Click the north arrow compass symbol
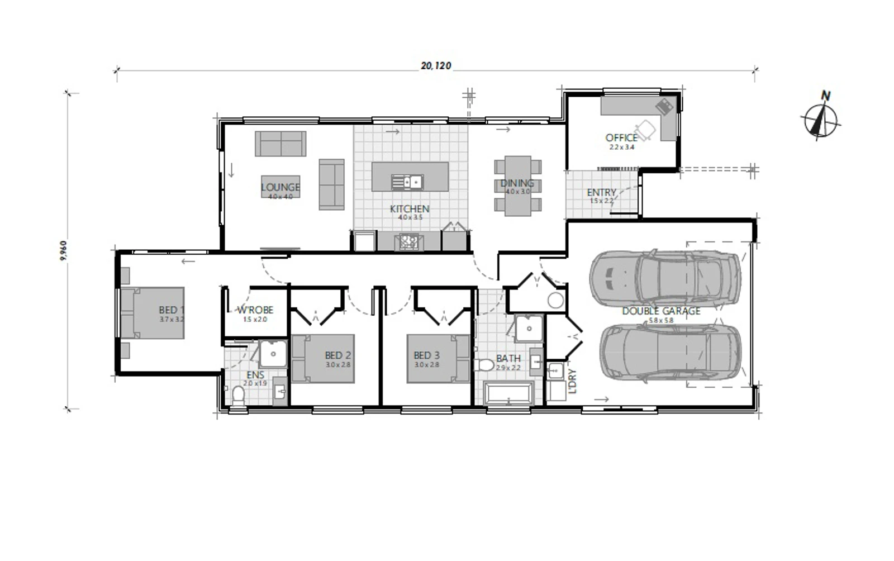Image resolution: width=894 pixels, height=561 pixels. (820, 119)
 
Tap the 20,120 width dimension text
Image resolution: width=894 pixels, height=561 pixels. (436, 65)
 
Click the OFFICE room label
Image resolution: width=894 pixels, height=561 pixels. (621, 137)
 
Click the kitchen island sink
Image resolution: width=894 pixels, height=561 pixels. (407, 182)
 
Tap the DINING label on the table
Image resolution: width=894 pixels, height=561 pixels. (517, 183)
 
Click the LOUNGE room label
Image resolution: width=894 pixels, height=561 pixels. (280, 187)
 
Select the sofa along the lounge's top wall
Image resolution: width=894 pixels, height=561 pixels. (280, 144)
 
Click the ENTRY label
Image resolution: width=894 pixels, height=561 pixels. (601, 193)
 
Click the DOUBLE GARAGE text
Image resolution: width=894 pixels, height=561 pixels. (661, 311)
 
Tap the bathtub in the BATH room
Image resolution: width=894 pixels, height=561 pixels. (508, 393)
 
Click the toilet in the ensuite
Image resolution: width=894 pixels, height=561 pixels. (239, 395)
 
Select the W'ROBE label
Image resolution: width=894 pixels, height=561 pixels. (255, 310)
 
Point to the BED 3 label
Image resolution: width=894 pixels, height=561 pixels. (426, 355)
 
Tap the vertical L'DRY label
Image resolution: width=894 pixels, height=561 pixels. (572, 382)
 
